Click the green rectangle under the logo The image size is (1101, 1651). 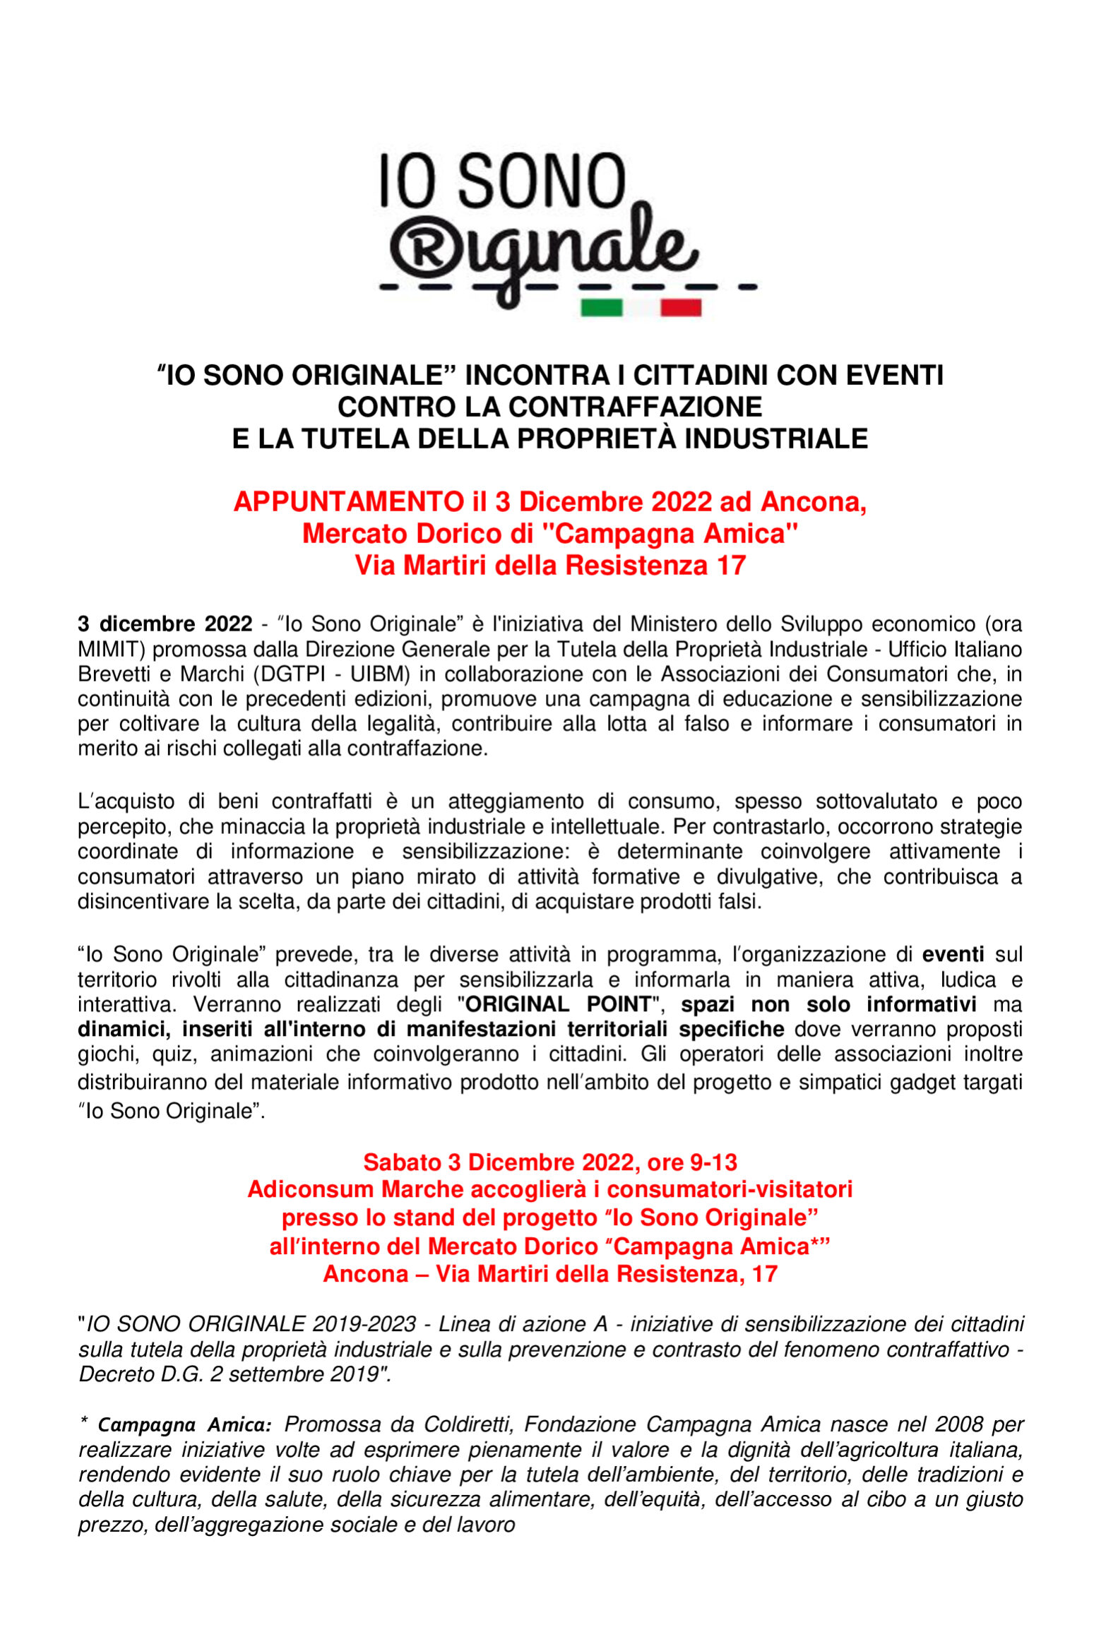(x=602, y=308)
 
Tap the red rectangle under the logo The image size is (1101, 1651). (x=681, y=308)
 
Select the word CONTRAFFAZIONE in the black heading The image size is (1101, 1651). (x=635, y=407)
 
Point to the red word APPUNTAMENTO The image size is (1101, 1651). (x=348, y=502)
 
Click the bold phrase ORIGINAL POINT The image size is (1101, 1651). (x=558, y=1004)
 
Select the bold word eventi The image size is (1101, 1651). (x=953, y=954)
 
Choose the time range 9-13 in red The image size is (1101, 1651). (x=712, y=1162)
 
